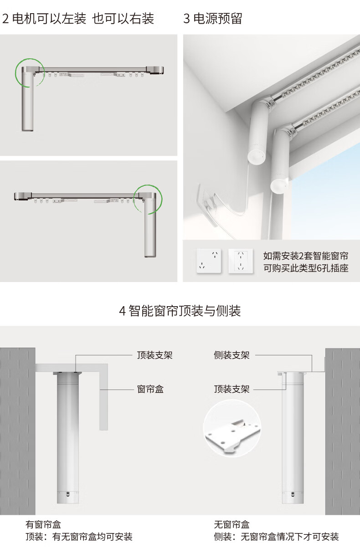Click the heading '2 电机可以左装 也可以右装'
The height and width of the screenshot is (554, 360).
[78, 19]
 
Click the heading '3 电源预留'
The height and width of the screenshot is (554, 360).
[212, 19]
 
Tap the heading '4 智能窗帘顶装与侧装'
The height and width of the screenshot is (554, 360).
[180, 311]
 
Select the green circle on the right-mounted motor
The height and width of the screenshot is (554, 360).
[148, 197]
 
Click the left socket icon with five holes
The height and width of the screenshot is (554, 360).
[209, 261]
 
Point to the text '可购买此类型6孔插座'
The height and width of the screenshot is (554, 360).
[306, 268]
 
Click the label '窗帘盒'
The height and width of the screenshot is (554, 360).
[150, 389]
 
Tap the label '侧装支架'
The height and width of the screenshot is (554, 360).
[231, 355]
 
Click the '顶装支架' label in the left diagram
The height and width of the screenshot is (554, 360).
[154, 355]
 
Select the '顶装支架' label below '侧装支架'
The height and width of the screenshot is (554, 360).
[231, 389]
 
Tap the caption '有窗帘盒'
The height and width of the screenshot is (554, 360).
[43, 525]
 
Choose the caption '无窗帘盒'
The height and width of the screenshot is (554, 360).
[231, 525]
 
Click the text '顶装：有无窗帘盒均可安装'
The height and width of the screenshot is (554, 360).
[78, 537]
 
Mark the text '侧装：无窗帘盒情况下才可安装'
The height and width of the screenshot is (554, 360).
[276, 537]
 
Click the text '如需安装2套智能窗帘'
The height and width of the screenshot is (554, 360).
[306, 256]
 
